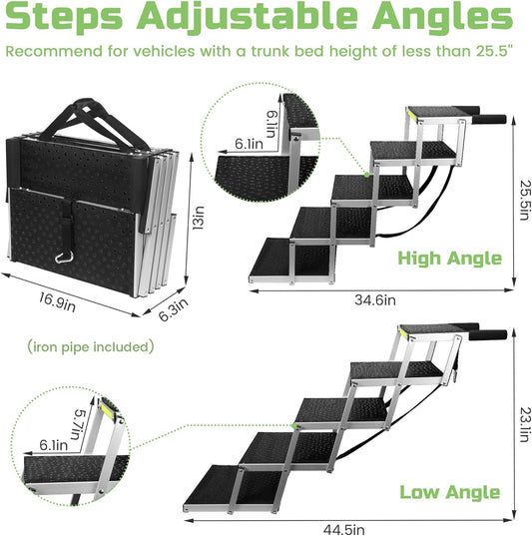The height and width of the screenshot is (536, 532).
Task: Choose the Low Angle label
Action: [449, 492]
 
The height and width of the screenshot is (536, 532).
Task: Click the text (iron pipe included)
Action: [90, 347]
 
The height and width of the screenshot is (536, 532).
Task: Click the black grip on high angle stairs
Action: [491, 122]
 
